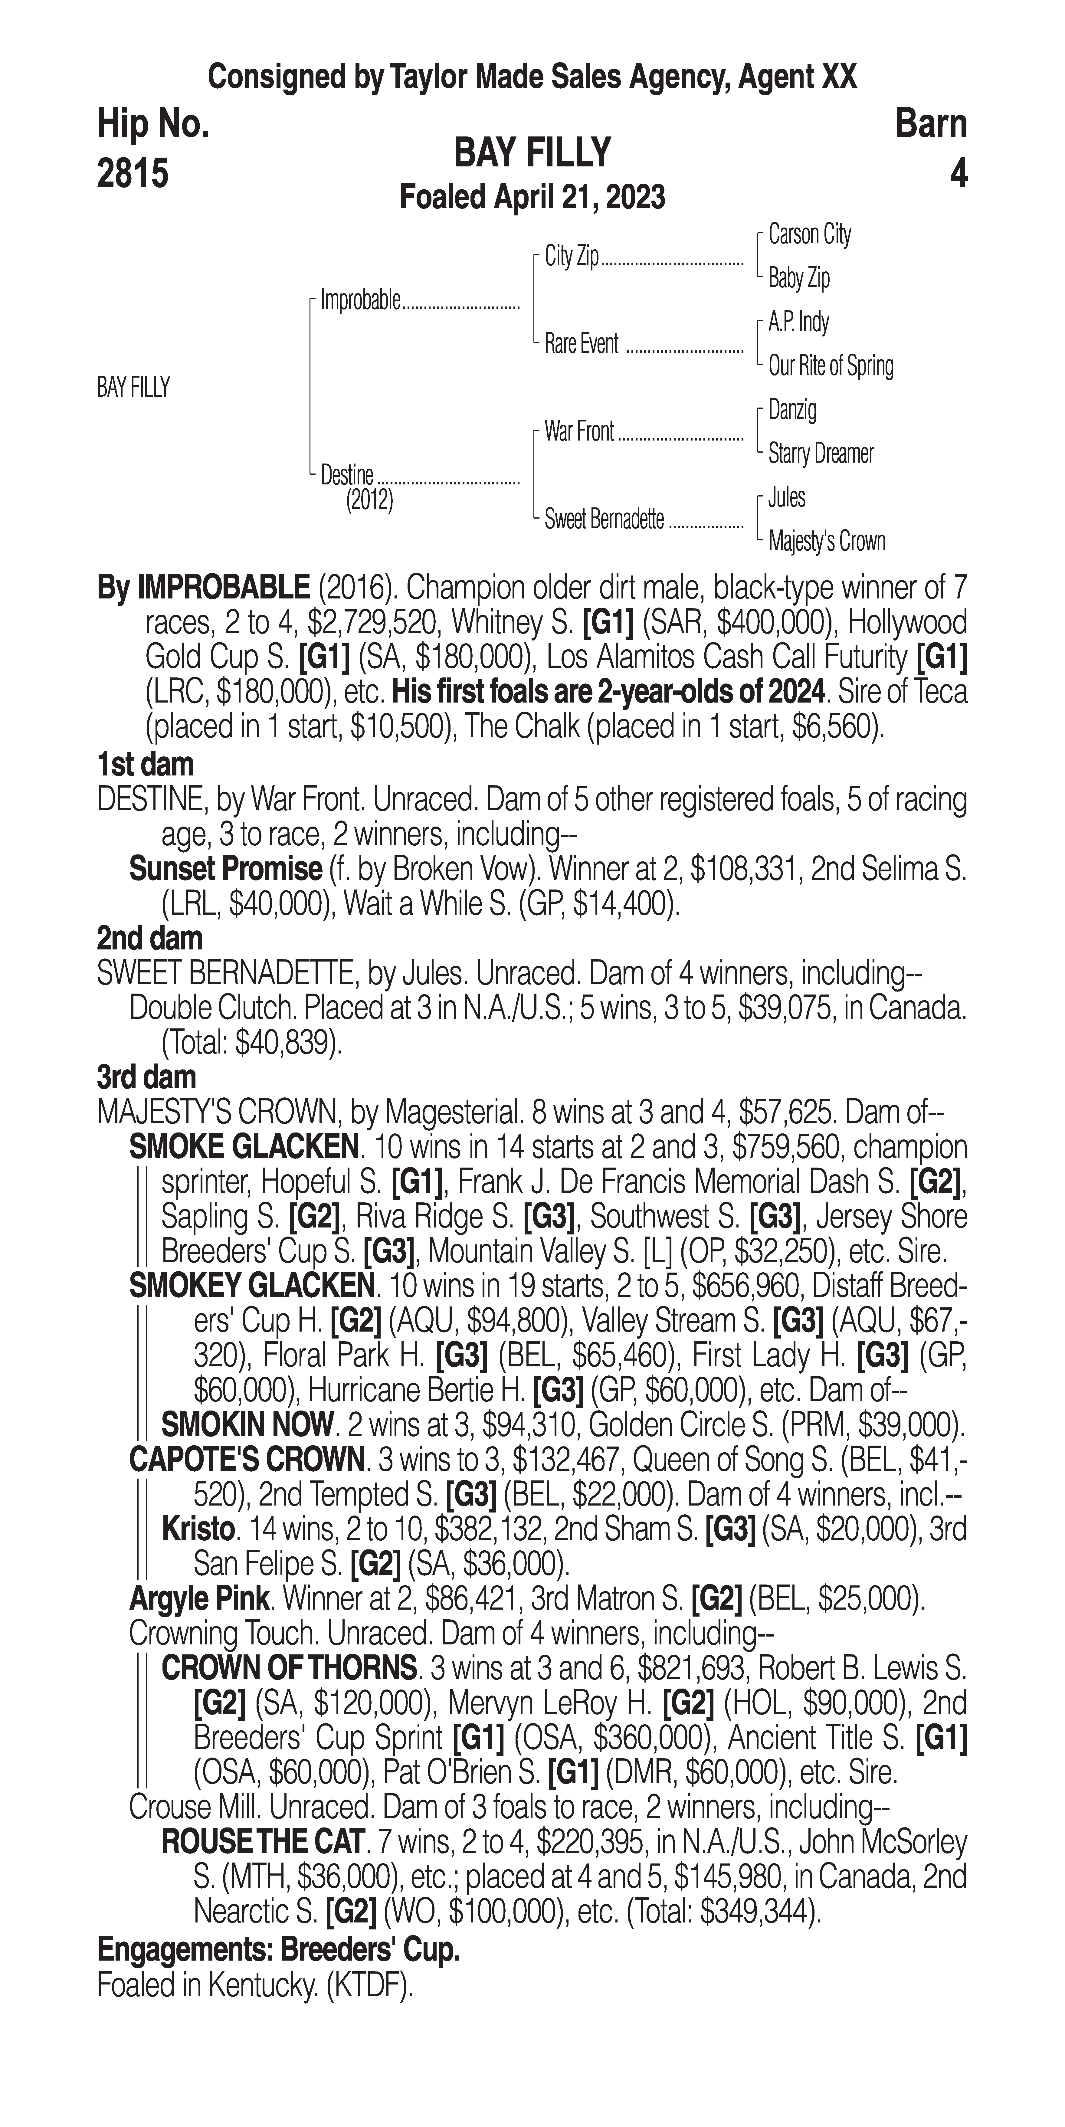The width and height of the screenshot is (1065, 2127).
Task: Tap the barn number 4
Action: [958, 173]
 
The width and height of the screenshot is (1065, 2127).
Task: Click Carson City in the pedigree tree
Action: [809, 234]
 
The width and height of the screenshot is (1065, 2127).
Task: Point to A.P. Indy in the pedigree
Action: [798, 322]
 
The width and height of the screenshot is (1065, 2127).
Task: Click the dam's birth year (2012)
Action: [369, 500]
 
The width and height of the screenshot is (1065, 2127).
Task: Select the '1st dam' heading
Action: [145, 765]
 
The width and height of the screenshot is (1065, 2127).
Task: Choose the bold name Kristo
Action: [198, 1529]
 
